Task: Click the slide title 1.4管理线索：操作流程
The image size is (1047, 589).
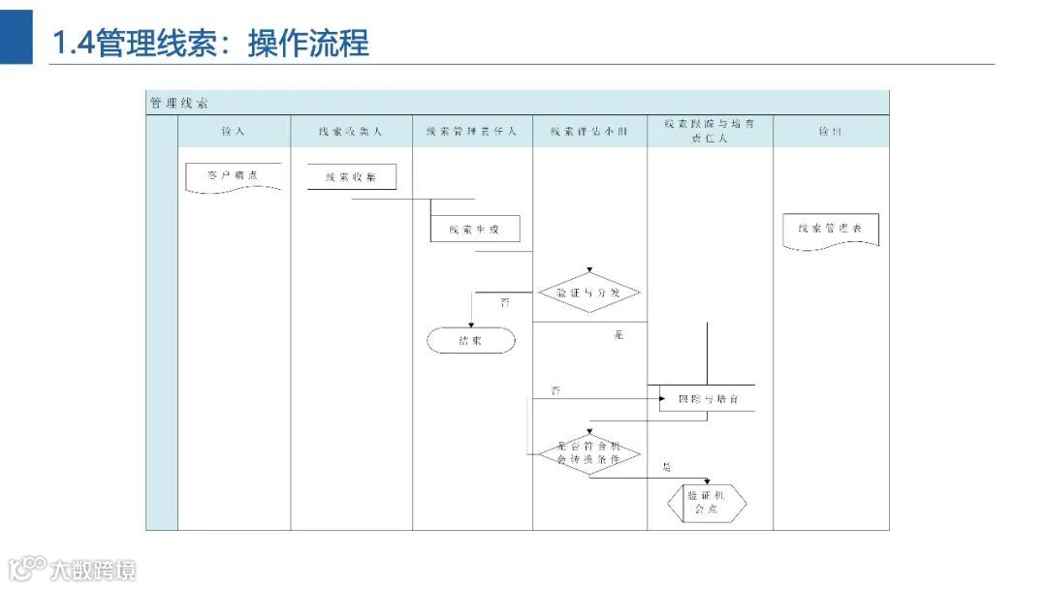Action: coord(210,44)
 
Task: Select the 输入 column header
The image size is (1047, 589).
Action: coord(234,131)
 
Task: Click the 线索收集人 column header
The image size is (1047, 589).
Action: coord(351,131)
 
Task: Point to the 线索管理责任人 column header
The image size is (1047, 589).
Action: coord(472,131)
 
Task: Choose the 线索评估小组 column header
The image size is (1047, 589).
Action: coord(589,131)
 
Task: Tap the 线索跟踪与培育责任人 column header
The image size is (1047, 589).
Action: coord(710,131)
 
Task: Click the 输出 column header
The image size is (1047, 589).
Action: coord(830,131)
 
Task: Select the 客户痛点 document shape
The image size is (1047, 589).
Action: coord(233,177)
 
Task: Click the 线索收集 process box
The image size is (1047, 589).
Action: coord(352,177)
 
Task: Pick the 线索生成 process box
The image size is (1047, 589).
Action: coord(475,229)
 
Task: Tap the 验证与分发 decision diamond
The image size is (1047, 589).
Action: coord(588,292)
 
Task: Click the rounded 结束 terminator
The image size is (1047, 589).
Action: coord(471,341)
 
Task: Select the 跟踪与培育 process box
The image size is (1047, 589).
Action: coord(708,398)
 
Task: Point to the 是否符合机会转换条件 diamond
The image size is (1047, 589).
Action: coord(588,452)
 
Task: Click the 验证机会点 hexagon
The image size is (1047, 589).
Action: coord(708,502)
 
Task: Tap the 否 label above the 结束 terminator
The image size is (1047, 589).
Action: coord(504,303)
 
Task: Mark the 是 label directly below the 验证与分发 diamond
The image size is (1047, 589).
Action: coord(619,335)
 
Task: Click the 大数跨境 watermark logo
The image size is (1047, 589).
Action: coord(73,569)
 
